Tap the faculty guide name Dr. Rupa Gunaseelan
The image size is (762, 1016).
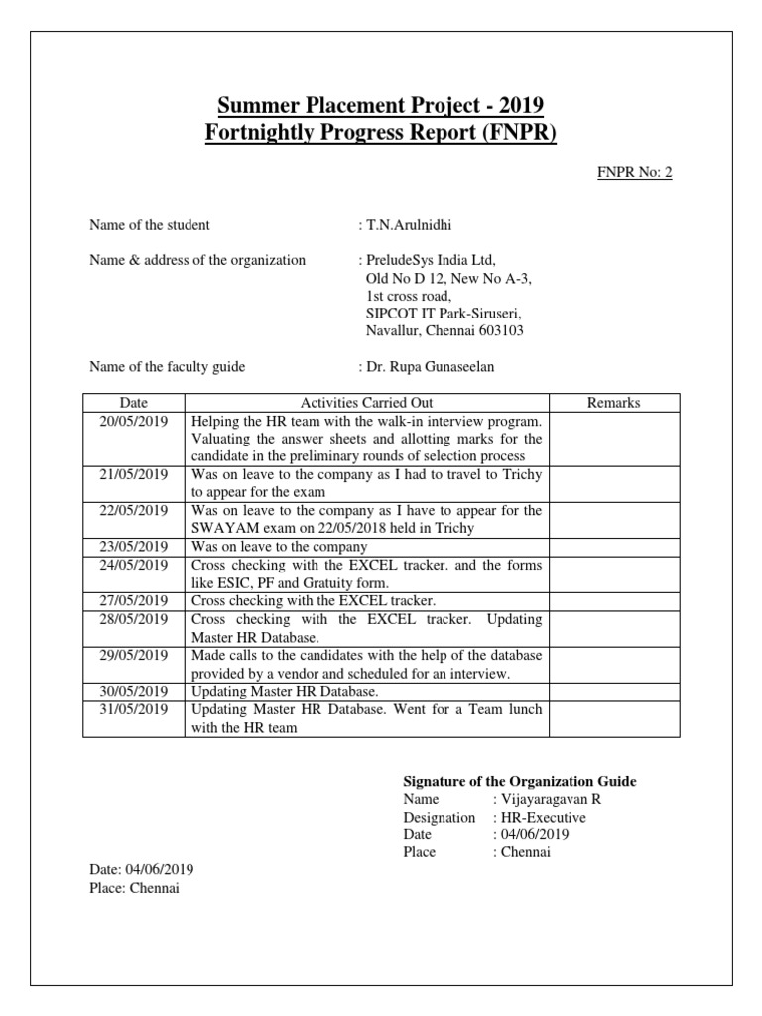click(430, 367)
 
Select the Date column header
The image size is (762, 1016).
click(133, 403)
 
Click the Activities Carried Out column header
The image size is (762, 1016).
click(366, 403)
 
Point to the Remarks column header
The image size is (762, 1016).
click(614, 403)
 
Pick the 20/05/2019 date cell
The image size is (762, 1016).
click(133, 421)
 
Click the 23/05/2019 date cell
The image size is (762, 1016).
click(133, 547)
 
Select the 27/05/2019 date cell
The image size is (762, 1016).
click(133, 601)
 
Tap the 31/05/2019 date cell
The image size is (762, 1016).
click(133, 709)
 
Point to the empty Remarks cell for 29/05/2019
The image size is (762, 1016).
click(614, 664)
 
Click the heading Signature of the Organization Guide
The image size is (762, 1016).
click(520, 782)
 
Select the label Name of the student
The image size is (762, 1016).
click(150, 225)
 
